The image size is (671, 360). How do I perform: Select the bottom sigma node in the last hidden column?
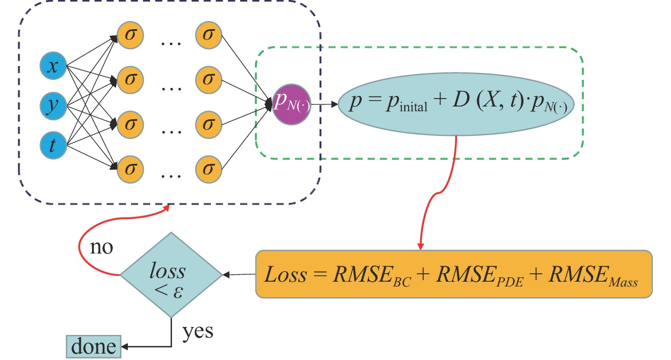click(208, 169)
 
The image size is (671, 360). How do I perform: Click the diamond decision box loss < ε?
click(171, 275)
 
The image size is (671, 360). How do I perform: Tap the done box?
click(94, 346)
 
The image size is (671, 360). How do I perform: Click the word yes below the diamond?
click(198, 332)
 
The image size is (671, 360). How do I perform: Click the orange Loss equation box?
click(454, 274)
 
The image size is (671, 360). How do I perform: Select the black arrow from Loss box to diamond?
click(240, 275)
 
